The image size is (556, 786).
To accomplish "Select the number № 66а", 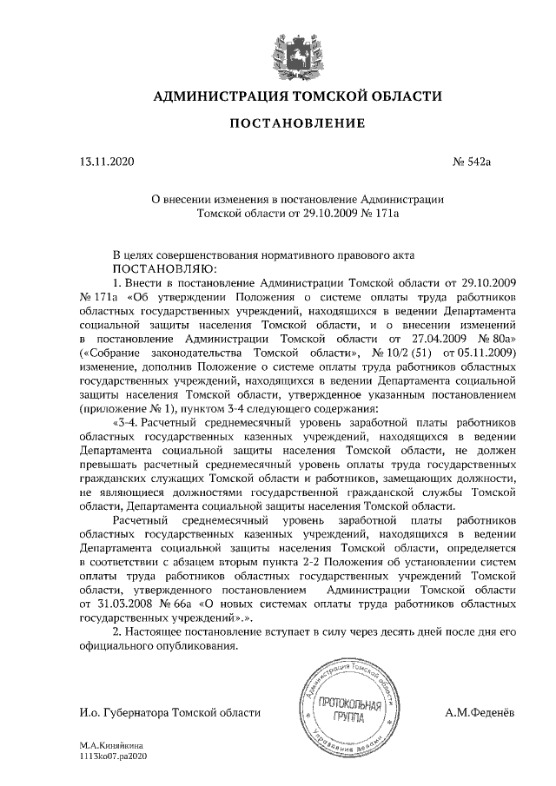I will (181, 602).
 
